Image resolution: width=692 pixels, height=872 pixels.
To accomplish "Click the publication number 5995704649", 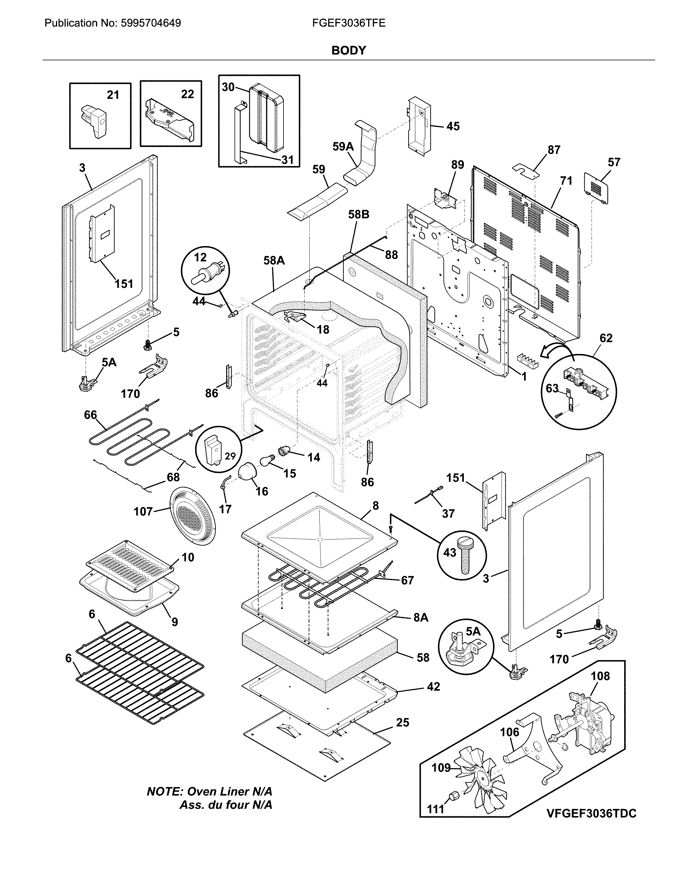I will pyautogui.click(x=150, y=23).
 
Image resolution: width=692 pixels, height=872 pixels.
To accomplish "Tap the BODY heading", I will pyautogui.click(x=348, y=50).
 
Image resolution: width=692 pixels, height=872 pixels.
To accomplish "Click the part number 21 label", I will pyautogui.click(x=113, y=95).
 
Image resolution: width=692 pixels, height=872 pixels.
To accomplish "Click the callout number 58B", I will pyautogui.click(x=359, y=214).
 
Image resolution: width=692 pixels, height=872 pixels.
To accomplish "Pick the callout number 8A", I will pyautogui.click(x=421, y=617).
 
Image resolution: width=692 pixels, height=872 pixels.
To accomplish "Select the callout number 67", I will pyautogui.click(x=407, y=580).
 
